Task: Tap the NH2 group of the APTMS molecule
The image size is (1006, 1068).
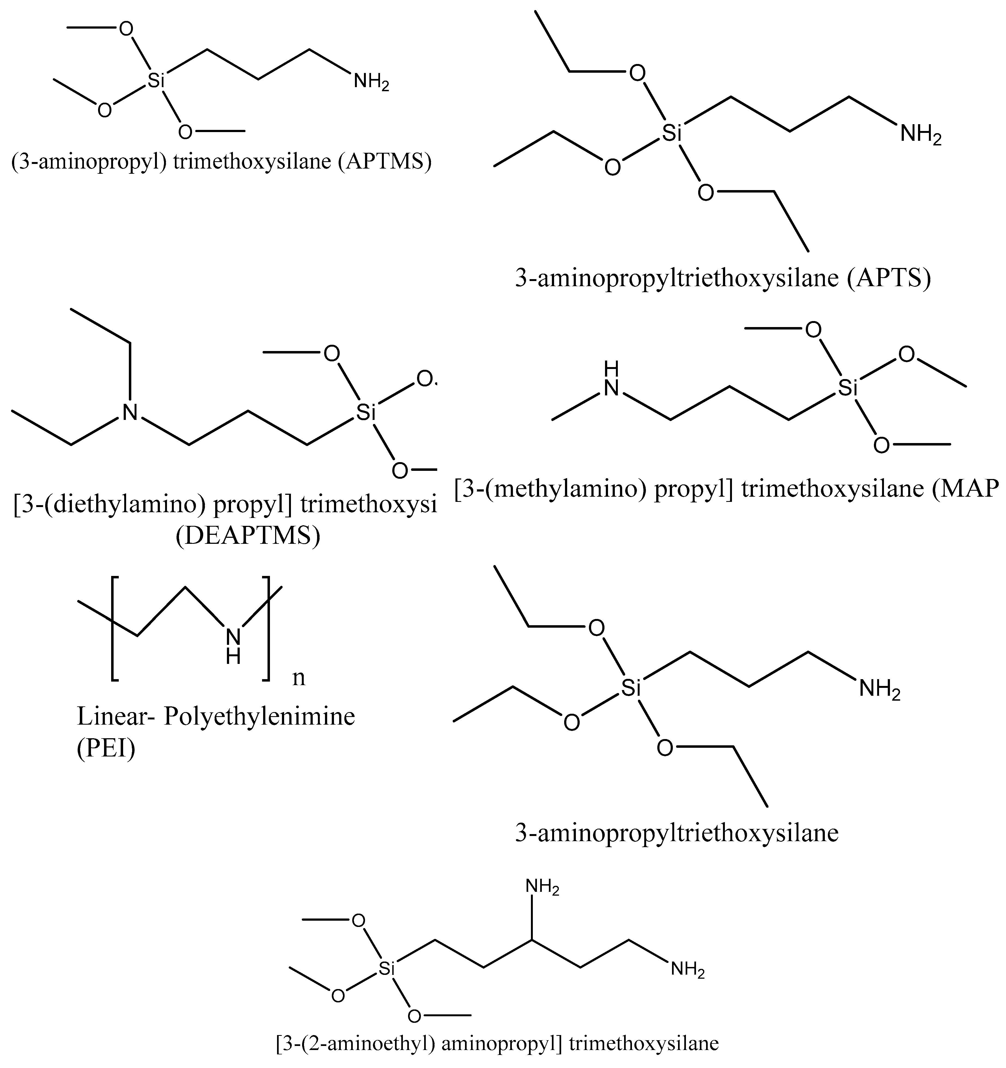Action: point(371,82)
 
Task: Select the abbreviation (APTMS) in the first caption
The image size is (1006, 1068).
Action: point(385,162)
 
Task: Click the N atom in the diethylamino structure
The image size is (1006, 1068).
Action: point(129,413)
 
